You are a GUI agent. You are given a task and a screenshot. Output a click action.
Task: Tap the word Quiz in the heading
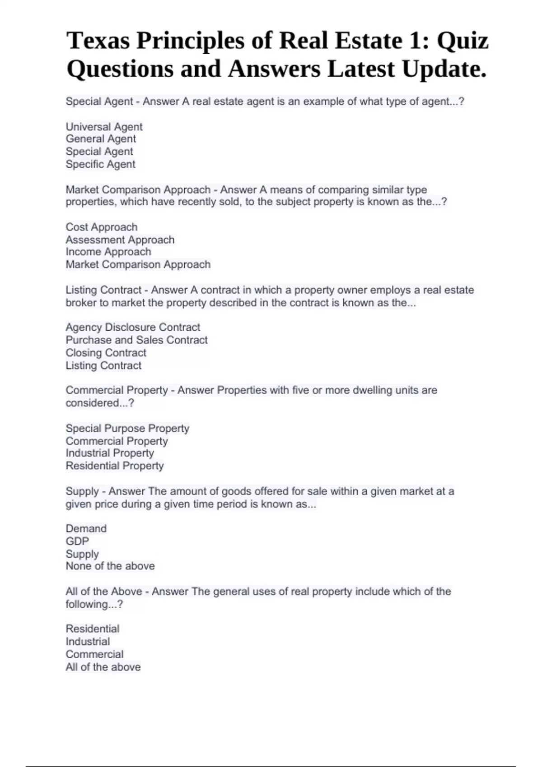(x=463, y=41)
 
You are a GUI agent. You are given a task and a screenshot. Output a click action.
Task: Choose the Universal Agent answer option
(x=104, y=127)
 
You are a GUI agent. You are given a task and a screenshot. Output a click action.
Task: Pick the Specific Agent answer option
(x=100, y=164)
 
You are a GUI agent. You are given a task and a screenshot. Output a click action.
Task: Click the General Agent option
(x=101, y=139)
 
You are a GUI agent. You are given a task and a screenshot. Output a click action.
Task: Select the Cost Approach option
(x=102, y=227)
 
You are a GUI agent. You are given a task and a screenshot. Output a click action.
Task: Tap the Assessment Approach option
(x=120, y=240)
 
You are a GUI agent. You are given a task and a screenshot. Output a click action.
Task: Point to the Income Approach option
(x=108, y=252)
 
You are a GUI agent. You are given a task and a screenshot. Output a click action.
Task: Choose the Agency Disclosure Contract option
(x=133, y=327)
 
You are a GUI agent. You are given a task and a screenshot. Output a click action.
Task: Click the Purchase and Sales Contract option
(x=136, y=340)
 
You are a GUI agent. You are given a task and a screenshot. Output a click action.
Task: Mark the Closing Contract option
(x=106, y=352)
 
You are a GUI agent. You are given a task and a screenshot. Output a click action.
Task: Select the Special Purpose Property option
(x=127, y=428)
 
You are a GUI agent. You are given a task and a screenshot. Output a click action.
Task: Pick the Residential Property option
(x=115, y=466)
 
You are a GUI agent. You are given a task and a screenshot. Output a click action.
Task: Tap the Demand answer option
(x=86, y=528)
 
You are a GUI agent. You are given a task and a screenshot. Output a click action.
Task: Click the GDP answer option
(x=77, y=541)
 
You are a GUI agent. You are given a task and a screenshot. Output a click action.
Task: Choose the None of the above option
(x=110, y=566)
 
